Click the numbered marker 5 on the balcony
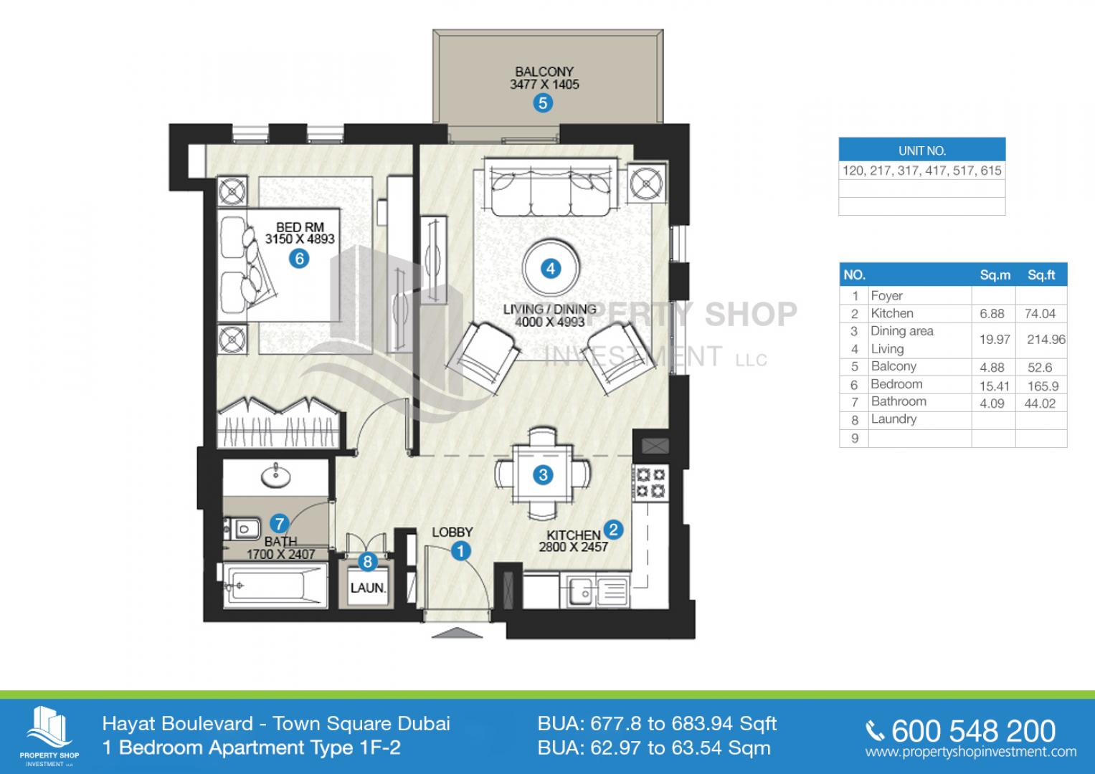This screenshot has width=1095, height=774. (543, 103)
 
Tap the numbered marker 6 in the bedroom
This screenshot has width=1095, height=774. (299, 258)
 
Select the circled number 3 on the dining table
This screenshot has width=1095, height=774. (543, 474)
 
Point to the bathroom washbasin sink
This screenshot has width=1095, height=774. (275, 476)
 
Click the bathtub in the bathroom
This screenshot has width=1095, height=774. (275, 586)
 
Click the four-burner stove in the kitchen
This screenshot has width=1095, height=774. (650, 483)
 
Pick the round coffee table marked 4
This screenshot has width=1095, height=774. (551, 268)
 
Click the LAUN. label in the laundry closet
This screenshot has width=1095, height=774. (368, 588)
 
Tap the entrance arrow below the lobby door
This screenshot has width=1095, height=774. (457, 633)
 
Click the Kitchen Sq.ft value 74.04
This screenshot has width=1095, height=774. (1040, 314)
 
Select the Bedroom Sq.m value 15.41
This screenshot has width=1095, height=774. (995, 386)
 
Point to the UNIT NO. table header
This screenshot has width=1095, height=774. (922, 150)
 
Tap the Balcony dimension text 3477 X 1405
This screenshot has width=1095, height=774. (544, 85)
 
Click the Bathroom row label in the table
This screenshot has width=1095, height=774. (899, 401)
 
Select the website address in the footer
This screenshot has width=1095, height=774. (971, 752)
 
